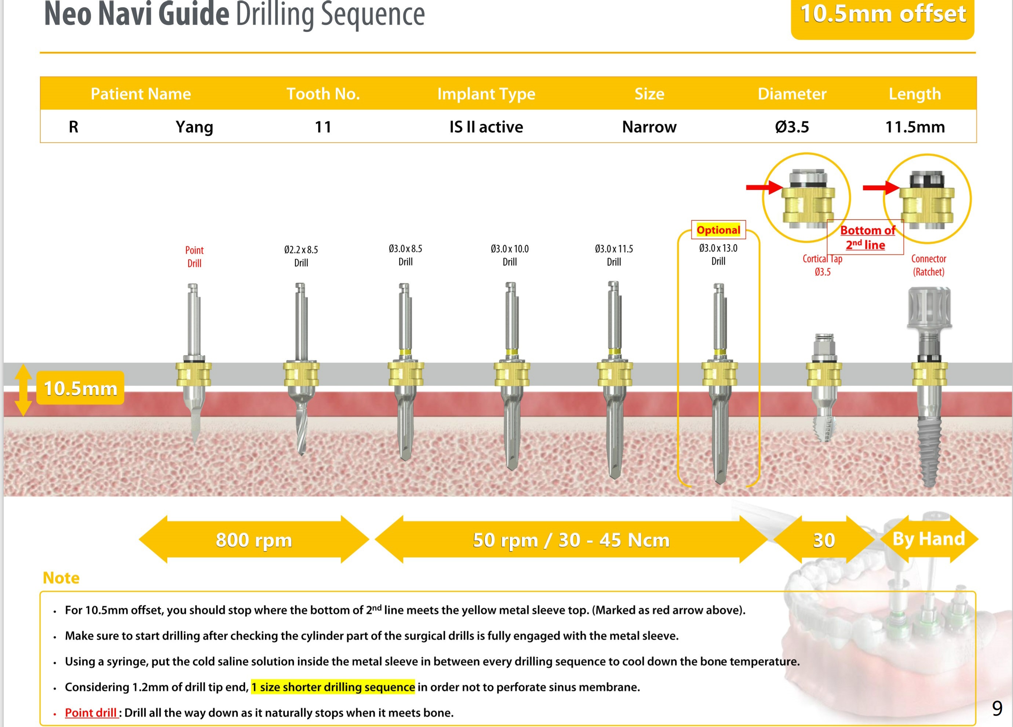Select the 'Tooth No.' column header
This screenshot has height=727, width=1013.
(323, 94)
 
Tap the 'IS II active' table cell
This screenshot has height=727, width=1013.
(486, 127)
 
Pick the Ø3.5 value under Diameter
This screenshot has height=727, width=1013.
(792, 127)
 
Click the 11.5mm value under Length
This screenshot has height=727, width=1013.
(915, 127)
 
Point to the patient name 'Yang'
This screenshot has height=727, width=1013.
(194, 127)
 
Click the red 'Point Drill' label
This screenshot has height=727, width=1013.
(194, 257)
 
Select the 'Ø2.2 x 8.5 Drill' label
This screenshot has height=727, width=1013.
(301, 256)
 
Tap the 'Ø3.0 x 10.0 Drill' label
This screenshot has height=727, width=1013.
(510, 255)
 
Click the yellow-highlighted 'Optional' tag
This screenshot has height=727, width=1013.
(718, 230)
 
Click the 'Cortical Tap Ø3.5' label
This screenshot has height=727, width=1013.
(822, 265)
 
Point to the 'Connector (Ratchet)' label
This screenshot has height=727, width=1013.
(929, 265)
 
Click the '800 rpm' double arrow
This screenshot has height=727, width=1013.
(254, 540)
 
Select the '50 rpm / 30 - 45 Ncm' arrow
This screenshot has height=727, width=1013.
(571, 540)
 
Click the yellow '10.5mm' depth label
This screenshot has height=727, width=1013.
(80, 388)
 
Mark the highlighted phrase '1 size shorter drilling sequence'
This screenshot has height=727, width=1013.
(333, 687)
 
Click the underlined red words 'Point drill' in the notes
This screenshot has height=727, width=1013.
(91, 713)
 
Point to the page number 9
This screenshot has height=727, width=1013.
(997, 708)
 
